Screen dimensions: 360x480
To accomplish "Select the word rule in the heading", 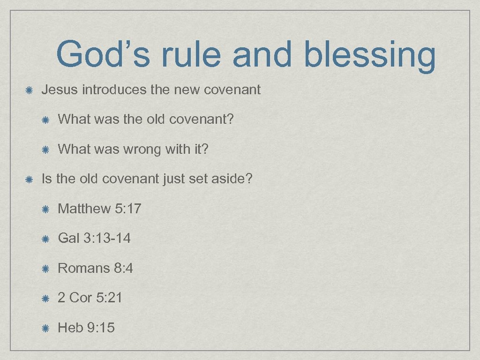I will pos(192,54).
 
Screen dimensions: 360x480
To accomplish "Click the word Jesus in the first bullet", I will pos(60,90).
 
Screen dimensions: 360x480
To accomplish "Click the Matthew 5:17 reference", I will pos(99,209).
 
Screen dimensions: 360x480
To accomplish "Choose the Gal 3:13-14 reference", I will pos(94,238).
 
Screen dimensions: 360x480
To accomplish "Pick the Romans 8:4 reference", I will pos(95,268).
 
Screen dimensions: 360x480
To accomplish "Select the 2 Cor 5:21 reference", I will pos(90,298).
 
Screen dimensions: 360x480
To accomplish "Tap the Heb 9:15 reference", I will pos(86,328).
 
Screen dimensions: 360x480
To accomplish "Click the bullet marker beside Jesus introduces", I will pos(29,90).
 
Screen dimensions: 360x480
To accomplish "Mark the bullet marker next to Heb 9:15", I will pos(45,328).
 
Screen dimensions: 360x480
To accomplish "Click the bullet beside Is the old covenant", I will pos(29,179).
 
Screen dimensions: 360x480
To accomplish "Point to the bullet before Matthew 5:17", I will pos(45,209).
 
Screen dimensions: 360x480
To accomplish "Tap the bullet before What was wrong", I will pos(45,150).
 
